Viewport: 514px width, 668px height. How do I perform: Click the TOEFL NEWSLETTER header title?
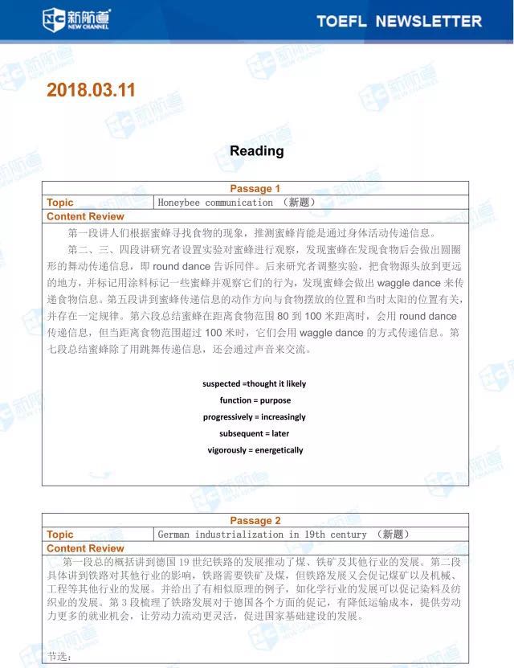pyautogui.click(x=399, y=21)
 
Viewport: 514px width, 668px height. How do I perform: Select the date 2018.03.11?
pyautogui.click(x=92, y=90)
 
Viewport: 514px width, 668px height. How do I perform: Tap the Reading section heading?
pyautogui.click(x=256, y=151)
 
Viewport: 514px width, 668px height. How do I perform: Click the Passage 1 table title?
pyautogui.click(x=255, y=189)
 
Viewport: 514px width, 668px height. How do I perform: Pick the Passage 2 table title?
pyautogui.click(x=255, y=521)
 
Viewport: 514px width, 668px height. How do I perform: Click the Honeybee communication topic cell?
pyautogui.click(x=236, y=203)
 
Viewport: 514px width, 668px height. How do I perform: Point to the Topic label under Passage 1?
pyautogui.click(x=59, y=203)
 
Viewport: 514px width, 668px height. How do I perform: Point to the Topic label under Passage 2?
pyautogui.click(x=59, y=535)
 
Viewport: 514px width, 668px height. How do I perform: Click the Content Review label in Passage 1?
pyautogui.click(x=85, y=216)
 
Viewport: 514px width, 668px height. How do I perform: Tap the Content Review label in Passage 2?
pyautogui.click(x=85, y=548)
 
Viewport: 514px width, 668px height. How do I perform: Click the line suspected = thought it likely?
pyautogui.click(x=254, y=383)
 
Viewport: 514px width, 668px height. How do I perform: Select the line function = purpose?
pyautogui.click(x=255, y=400)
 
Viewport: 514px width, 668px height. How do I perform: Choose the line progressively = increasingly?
pyautogui.click(x=255, y=417)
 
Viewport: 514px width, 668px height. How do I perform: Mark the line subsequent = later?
pyautogui.click(x=255, y=433)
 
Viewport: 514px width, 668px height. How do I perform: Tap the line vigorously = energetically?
pyautogui.click(x=255, y=450)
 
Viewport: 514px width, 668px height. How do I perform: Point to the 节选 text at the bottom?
pyautogui.click(x=59, y=657)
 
